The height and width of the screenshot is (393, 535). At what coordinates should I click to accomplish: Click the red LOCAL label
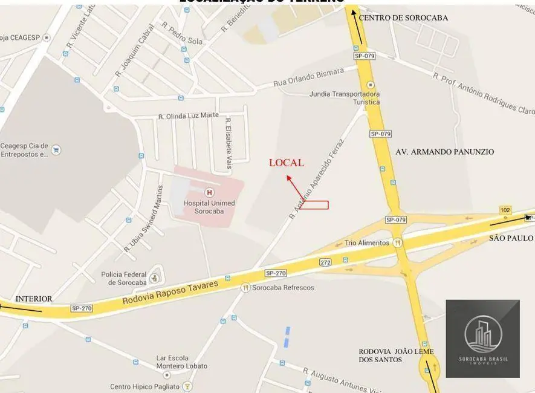point(286,163)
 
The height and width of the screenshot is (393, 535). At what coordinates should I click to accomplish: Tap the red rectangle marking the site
point(314,205)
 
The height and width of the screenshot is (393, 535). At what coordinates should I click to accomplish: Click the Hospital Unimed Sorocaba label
point(210,207)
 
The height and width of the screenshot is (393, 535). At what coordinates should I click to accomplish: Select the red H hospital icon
point(210,192)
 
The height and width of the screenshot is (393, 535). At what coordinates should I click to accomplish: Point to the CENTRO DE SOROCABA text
point(403,18)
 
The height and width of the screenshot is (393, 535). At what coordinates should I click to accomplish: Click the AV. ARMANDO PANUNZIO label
point(444,152)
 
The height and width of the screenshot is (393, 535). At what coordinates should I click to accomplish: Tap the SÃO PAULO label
point(511,238)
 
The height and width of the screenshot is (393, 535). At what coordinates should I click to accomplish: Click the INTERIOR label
point(34,299)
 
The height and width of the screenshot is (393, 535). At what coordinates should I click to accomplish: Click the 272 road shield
point(326,262)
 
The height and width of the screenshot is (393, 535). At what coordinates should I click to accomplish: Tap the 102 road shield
point(505,210)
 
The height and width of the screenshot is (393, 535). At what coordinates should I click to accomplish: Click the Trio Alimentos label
point(367,242)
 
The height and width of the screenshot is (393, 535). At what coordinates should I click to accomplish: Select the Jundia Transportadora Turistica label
point(345,98)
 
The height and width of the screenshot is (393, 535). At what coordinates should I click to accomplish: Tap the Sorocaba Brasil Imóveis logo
point(482,338)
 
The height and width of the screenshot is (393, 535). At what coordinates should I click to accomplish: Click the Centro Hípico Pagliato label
point(145,386)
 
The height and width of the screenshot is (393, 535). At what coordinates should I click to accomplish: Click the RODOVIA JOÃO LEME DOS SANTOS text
point(396,356)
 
